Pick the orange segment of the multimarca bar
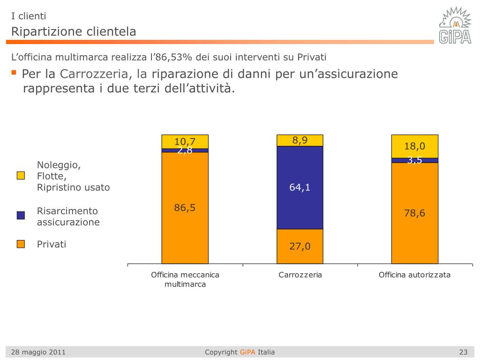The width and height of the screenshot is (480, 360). pyautogui.click(x=185, y=234)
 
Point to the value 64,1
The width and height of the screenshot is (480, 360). pyautogui.click(x=300, y=188)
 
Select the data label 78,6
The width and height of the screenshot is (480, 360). pyautogui.click(x=415, y=213)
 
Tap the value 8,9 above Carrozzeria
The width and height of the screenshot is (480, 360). pyautogui.click(x=300, y=140)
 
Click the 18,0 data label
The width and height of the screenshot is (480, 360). pyautogui.click(x=415, y=147)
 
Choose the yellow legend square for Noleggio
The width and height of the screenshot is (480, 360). pyautogui.click(x=21, y=176)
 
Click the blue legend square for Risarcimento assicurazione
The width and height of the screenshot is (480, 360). pyautogui.click(x=21, y=216)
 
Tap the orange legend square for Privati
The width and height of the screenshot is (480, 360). pyautogui.click(x=21, y=244)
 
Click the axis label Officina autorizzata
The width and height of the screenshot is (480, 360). pyautogui.click(x=414, y=275)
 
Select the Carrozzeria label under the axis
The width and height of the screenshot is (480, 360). pyautogui.click(x=300, y=275)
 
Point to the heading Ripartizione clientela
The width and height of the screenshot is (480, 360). pyautogui.click(x=74, y=32)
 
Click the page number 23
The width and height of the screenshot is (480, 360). pyautogui.click(x=464, y=352)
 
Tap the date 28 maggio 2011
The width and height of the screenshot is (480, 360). pyautogui.click(x=38, y=352)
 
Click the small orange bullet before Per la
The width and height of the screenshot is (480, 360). pyautogui.click(x=14, y=73)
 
